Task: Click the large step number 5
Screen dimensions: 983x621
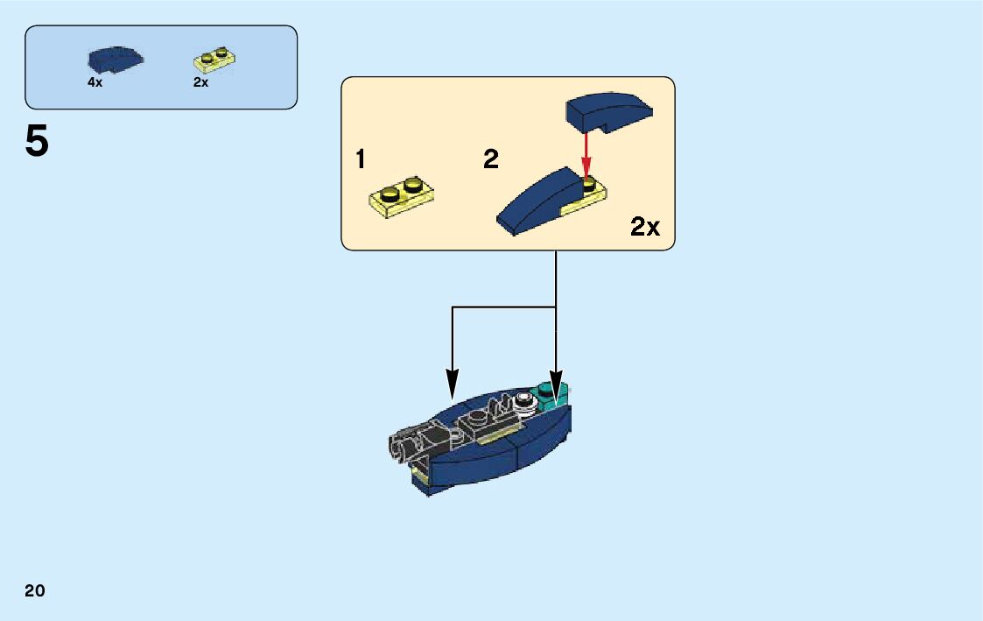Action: (x=37, y=142)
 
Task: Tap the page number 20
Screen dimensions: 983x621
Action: (x=35, y=590)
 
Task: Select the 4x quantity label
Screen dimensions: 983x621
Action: (x=95, y=82)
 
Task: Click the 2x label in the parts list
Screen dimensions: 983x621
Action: (x=200, y=82)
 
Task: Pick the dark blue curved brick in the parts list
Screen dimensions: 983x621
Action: (x=116, y=60)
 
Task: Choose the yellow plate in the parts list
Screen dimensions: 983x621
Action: (x=214, y=60)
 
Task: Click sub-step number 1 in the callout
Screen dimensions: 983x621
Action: (x=360, y=159)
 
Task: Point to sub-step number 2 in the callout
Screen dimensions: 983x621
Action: (x=491, y=159)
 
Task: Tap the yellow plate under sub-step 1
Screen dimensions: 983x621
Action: (x=403, y=195)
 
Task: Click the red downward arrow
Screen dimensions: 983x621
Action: (x=586, y=153)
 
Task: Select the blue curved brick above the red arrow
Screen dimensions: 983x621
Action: (x=607, y=110)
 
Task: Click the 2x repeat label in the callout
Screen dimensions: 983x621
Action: (x=645, y=228)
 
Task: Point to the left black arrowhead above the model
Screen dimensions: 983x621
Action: (x=452, y=382)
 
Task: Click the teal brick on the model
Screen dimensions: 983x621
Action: (x=553, y=395)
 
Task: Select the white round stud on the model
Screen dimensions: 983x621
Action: (x=525, y=401)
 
